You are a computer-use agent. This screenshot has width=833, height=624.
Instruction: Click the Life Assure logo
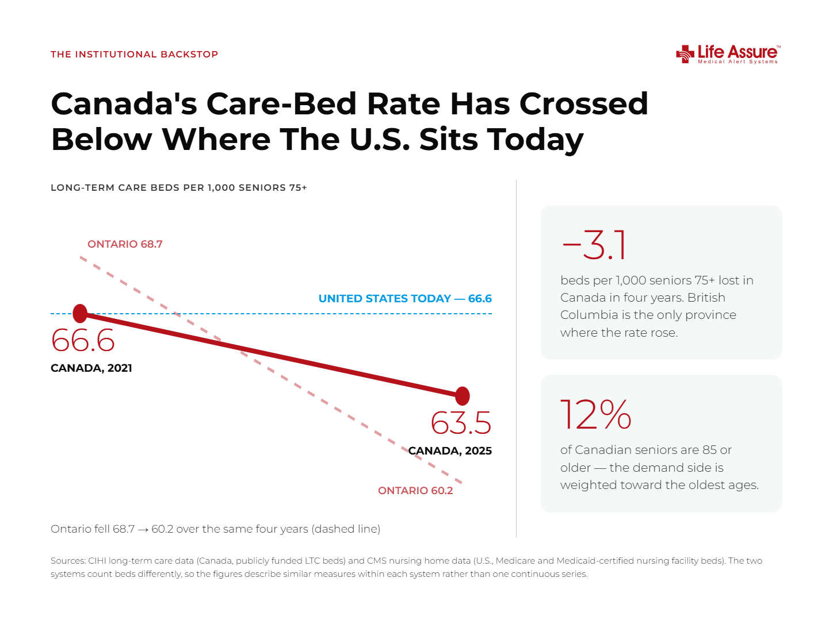click(728, 54)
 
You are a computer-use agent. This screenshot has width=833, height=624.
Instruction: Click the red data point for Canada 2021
click(80, 313)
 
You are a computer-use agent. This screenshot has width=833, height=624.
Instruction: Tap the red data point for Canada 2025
click(462, 396)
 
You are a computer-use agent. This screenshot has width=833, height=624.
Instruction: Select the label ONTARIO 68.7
click(125, 244)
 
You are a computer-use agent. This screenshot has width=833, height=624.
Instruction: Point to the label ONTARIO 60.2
click(415, 491)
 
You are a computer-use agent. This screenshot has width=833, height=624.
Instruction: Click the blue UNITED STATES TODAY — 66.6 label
click(405, 299)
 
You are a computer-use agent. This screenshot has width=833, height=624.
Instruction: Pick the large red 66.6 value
click(83, 340)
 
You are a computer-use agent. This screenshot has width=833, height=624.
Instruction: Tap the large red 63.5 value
click(461, 423)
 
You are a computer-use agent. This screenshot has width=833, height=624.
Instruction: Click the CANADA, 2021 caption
click(91, 368)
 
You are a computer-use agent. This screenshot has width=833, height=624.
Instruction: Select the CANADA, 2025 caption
click(450, 451)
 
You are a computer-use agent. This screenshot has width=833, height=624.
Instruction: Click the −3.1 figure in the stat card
click(594, 245)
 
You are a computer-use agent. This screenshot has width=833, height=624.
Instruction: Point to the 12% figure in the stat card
click(596, 415)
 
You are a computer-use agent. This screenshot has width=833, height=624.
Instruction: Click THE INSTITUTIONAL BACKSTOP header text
click(135, 54)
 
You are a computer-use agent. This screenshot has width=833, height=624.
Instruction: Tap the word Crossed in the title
click(584, 104)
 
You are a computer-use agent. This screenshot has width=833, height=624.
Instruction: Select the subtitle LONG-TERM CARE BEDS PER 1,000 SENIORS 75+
click(179, 187)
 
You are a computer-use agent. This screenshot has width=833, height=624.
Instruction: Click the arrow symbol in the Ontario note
click(143, 529)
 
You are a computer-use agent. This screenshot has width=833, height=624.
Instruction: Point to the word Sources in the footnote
click(68, 561)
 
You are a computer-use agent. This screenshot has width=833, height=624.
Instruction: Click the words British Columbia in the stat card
click(648, 306)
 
